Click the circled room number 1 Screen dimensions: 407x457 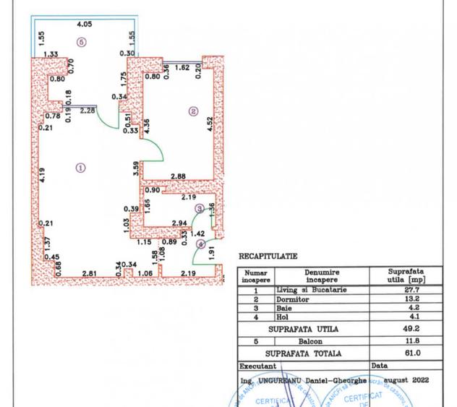[x=80, y=167]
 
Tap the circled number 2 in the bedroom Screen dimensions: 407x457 [x=193, y=111]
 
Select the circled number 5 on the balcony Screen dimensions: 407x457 [x=81, y=43]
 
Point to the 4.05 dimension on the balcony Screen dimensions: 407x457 [x=85, y=23]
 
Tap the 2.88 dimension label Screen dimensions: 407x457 [x=179, y=176]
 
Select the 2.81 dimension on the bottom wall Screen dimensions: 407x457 [x=90, y=273]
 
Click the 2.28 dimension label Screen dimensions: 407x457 [x=88, y=111]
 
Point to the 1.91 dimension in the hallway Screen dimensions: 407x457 [x=211, y=254]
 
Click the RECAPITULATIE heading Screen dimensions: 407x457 [x=268, y=256]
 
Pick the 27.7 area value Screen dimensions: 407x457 [x=407, y=290]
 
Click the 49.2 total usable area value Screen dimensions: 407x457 [x=407, y=329]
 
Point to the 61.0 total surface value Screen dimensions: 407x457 [x=407, y=354]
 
